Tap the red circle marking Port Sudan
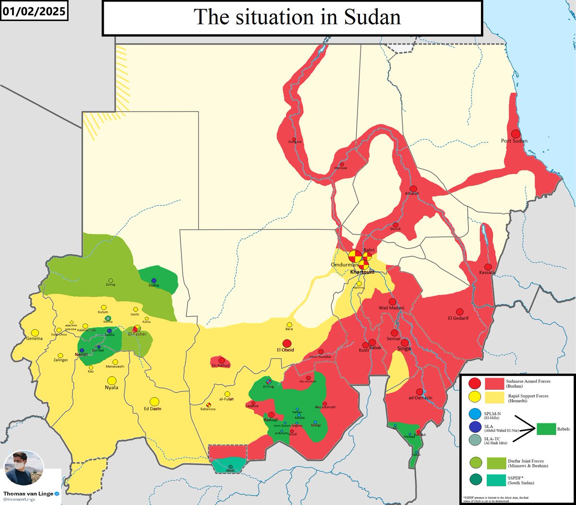pyautogui.click(x=516, y=134)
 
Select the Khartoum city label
pyautogui.click(x=362, y=272)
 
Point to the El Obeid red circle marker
pyautogui.click(x=287, y=343)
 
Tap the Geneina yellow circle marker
pyautogui.click(x=35, y=332)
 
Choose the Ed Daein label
pyautogui.click(x=153, y=409)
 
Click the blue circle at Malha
pyautogui.click(x=154, y=280)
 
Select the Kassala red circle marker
pyautogui.click(x=488, y=267)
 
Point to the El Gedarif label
pyautogui.click(x=460, y=318)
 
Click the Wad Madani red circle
pyautogui.click(x=393, y=301)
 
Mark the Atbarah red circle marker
pyautogui.click(x=413, y=188)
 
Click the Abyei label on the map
pyautogui.click(x=230, y=471)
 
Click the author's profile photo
pyautogui.click(x=24, y=468)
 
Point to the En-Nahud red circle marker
pyautogui.click(x=221, y=360)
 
